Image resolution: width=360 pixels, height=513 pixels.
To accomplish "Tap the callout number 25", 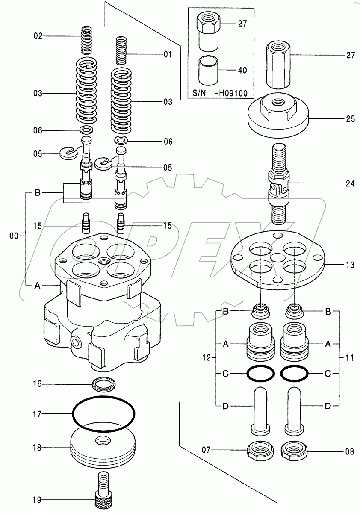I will pos(350,119).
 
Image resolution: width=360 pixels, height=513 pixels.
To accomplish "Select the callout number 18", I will pos(37,448).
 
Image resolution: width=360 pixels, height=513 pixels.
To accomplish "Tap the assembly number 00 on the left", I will pos(14,235).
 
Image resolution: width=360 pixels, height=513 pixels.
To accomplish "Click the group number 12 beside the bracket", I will pos(207,358).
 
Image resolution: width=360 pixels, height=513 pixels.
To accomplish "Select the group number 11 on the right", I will pos(349,358).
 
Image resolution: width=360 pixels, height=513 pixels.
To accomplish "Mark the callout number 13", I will pos(350,265).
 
